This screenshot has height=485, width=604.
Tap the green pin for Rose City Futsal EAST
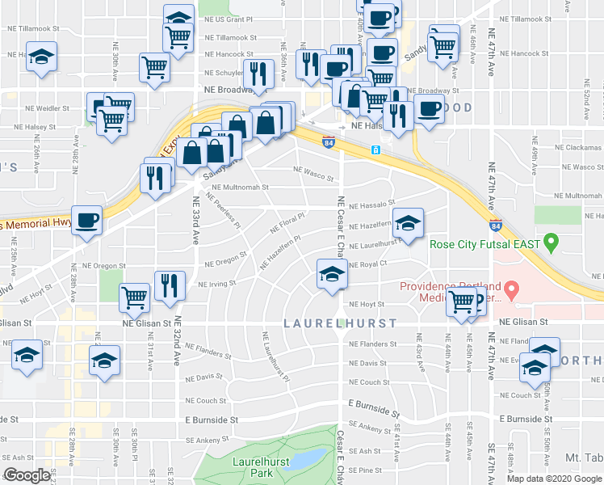pos(552,241)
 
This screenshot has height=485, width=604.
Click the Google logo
pos(27,475)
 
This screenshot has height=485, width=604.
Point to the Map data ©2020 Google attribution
pos(553,479)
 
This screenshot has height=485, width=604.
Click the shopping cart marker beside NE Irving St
pos(134,297)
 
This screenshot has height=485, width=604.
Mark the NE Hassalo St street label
pos(370,205)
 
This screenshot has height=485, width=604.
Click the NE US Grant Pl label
pos(229,17)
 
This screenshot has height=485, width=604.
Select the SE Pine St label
pos(365,470)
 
